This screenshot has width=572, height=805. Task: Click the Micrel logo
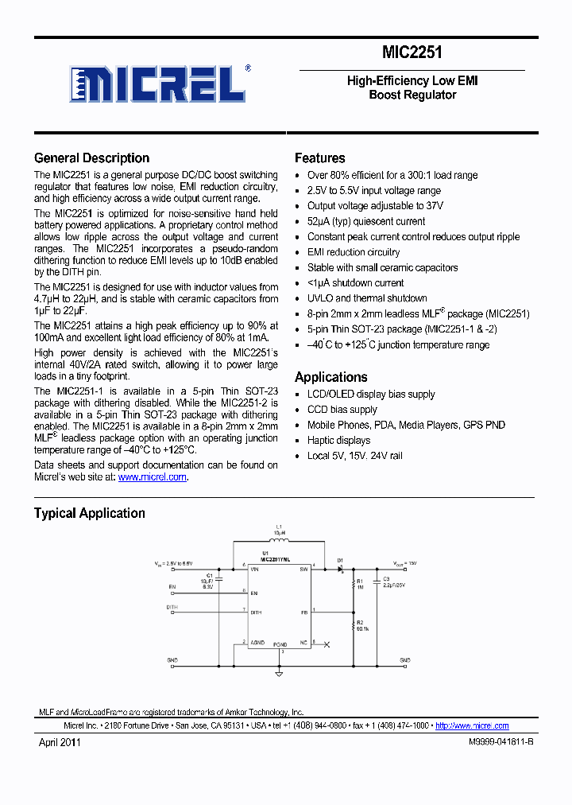pos(159,83)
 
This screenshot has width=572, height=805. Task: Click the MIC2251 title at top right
pos(412,53)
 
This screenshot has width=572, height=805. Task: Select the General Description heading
pos(91,157)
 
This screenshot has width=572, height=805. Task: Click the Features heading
pos(319,157)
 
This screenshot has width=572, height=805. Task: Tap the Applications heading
pos(330,377)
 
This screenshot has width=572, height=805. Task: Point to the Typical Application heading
pos(89,513)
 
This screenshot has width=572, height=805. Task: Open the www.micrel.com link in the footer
pos(472,725)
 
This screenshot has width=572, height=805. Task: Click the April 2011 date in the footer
pos(60,741)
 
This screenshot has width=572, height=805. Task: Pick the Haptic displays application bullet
pos(338,440)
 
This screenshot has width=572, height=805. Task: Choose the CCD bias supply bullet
pos(342,410)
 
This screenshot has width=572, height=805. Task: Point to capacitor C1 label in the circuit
pos(210,574)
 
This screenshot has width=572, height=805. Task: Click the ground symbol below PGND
pos(279,674)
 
